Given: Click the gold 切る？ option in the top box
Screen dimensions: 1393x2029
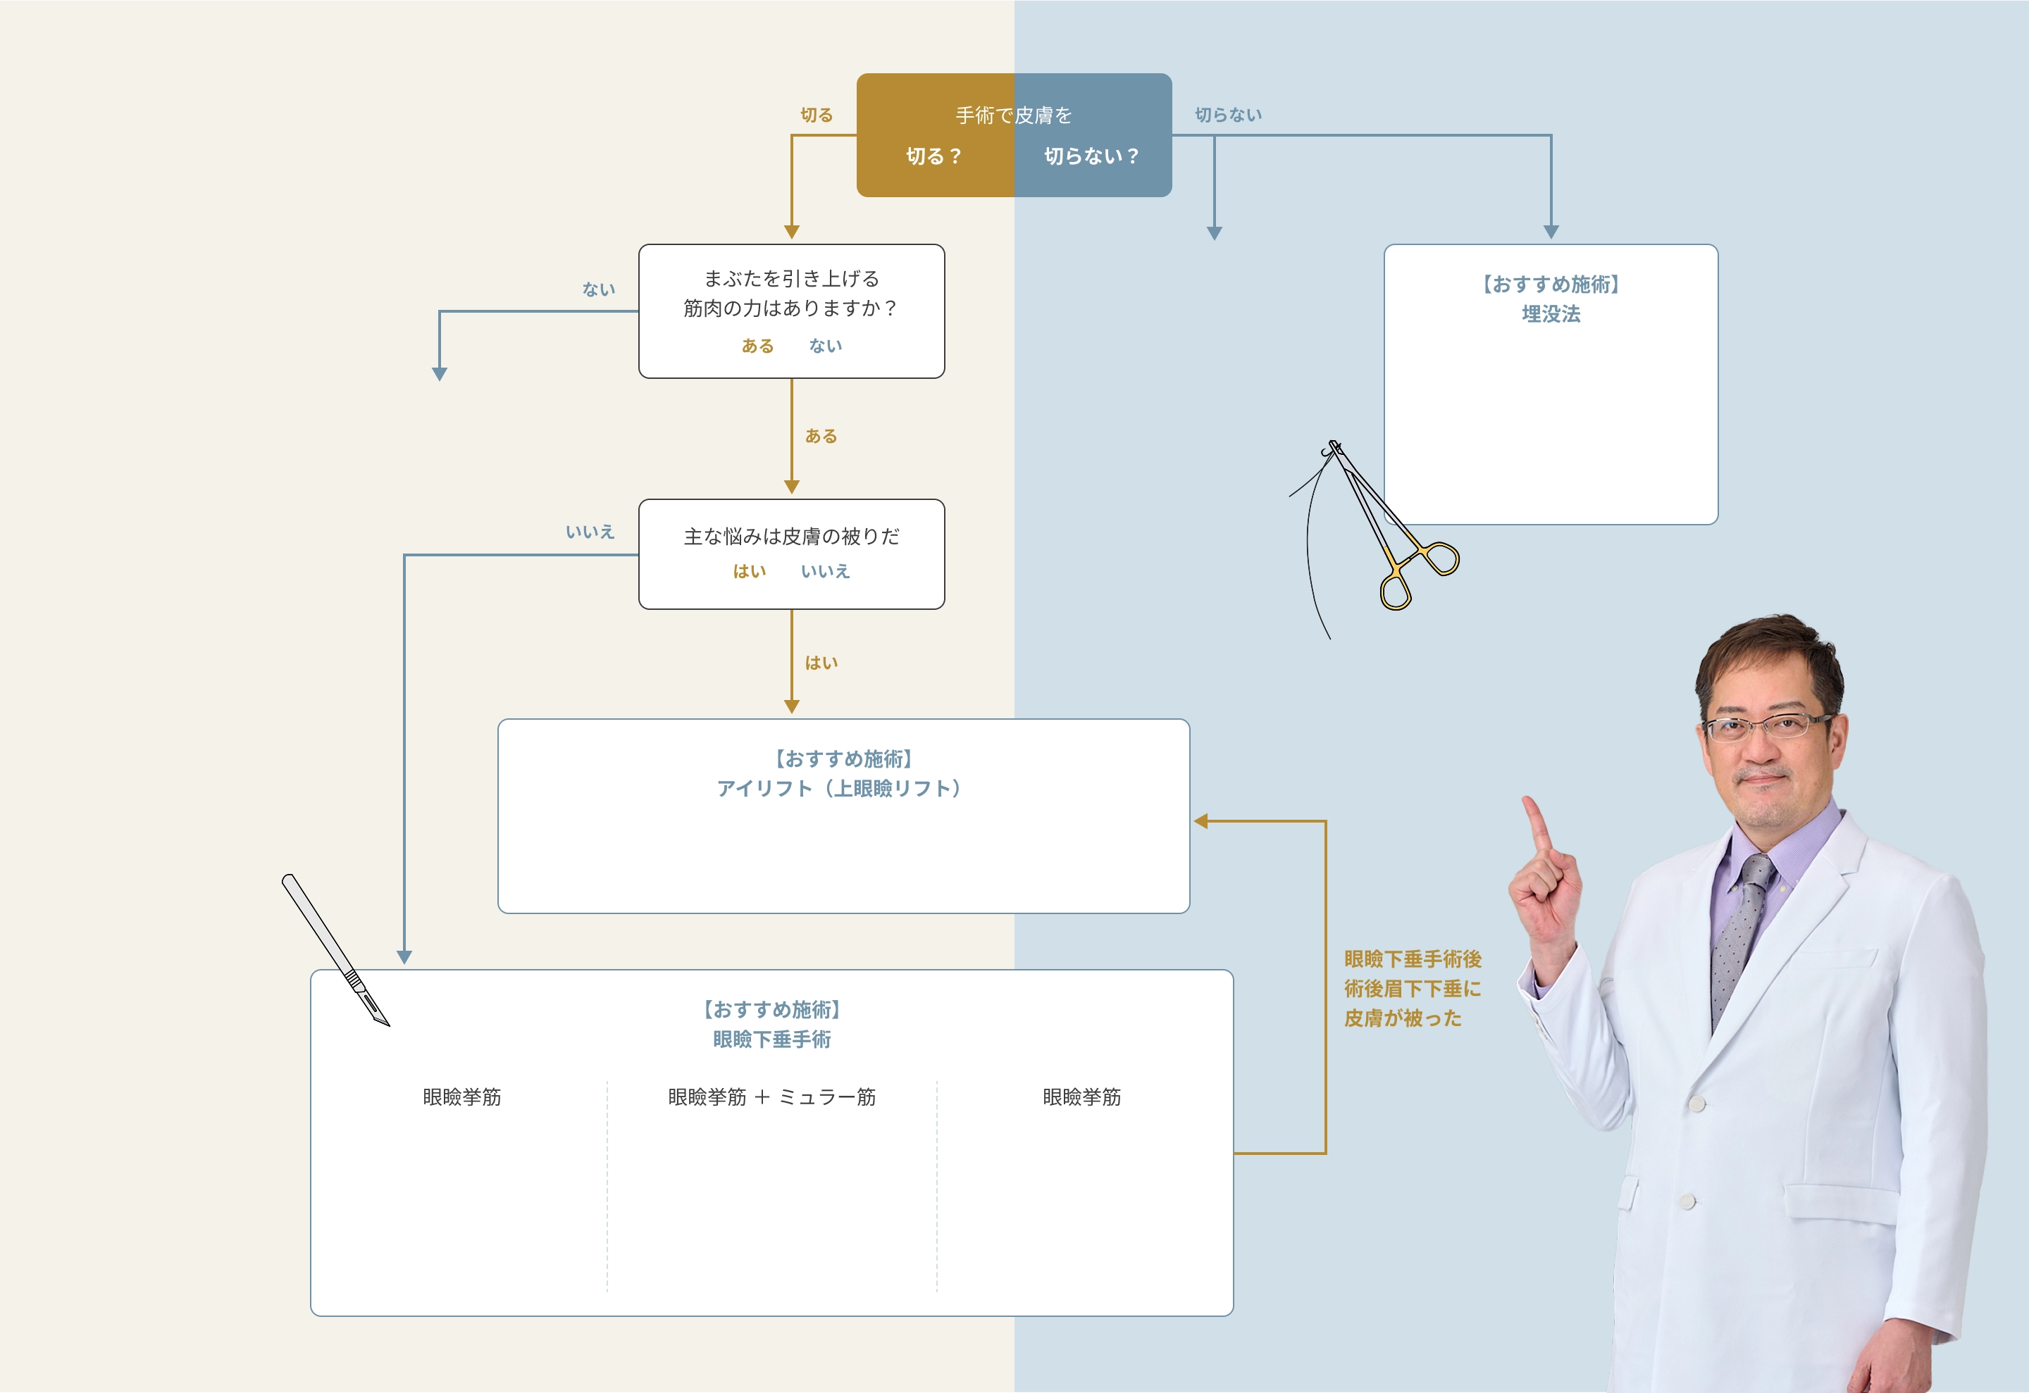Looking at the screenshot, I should coord(933,156).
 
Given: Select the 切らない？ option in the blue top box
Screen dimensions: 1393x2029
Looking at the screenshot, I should coord(1091,156).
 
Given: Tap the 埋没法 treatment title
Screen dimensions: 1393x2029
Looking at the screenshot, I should coord(1551,314).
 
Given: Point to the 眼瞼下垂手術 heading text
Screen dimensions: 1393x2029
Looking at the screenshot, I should coord(771,1039).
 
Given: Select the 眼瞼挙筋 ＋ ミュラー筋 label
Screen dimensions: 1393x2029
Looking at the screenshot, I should coord(771,1097).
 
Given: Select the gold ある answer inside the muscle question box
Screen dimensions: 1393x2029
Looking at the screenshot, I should coord(757,346).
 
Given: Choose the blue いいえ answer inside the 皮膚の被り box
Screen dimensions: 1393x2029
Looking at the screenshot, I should coord(825,572).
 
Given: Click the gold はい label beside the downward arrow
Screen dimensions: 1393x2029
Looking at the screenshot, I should coord(821,663).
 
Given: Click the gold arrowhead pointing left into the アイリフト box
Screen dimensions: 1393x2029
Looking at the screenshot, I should coord(1201,821).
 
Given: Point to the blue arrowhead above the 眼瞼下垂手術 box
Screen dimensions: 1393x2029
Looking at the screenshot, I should coord(404,958).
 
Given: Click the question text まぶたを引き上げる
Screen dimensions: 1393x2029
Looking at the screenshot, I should coord(791,278).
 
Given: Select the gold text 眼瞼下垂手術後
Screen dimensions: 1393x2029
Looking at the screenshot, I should coord(1413,959).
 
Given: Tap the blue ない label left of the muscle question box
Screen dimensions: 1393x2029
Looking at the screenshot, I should coord(599,289).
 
